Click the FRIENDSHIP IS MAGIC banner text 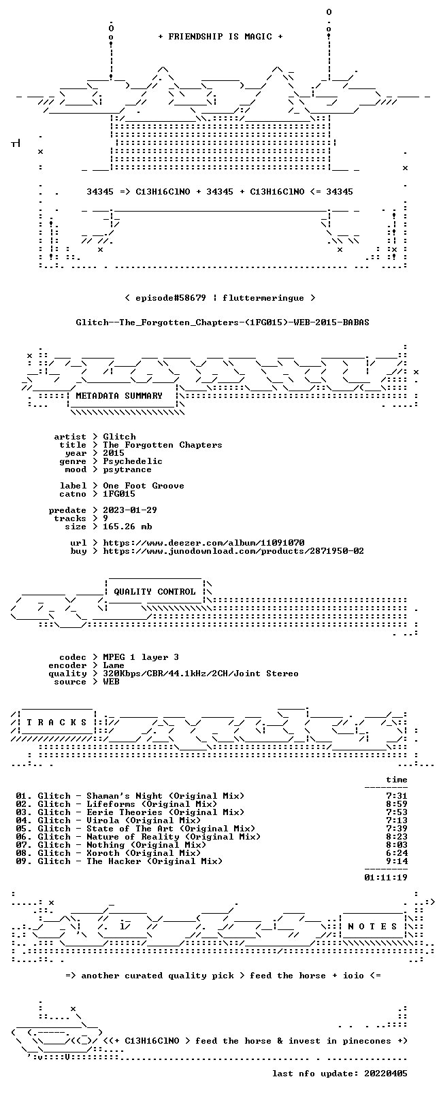[220, 37]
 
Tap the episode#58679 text [171, 298]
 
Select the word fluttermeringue [263, 298]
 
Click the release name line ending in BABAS [223, 322]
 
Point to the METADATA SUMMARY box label [119, 395]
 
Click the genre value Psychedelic [133, 461]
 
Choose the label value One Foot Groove [144, 486]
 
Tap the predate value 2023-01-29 [130, 510]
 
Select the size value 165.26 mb [127, 527]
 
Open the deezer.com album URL [203, 543]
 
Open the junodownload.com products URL [233, 551]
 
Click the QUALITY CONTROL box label [154, 592]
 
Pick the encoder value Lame [114, 665]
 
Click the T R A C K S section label [56, 723]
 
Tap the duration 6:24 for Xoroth [397, 853]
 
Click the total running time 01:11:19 [386, 878]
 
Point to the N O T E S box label [372, 927]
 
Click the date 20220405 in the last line [386, 1074]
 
